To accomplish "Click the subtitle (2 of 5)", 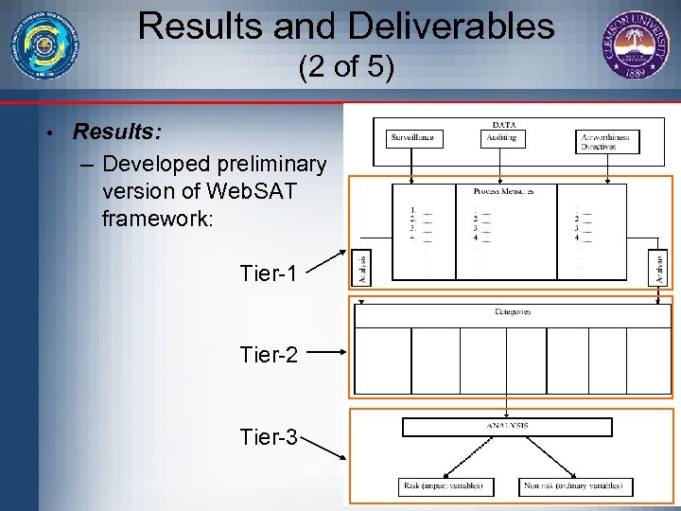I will pos(346,68).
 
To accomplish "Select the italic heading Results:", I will pos(115,131).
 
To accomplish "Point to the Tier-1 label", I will pos(269,273).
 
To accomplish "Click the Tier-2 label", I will pos(269,355).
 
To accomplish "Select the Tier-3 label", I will pos(269,436).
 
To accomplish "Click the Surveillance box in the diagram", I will pos(412,138).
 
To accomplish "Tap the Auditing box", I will pos(501,138).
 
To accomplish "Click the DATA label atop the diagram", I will pos(504,124).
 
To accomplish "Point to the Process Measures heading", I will pos(502,190).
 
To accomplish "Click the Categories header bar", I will pos(512,311).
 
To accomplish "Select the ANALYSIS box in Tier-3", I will pos(507,427).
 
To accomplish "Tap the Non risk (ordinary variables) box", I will pos(575,486).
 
